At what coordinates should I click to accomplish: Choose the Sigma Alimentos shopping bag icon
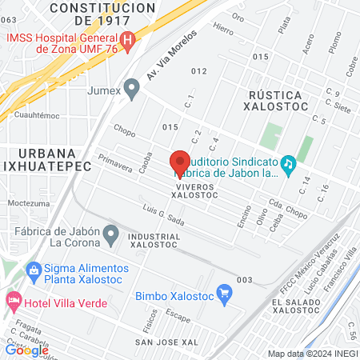tap(33, 269)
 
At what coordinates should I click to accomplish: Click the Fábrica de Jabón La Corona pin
tap(112, 235)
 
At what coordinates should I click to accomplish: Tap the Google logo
tap(27, 350)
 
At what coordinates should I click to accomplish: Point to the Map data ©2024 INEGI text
tap(311, 354)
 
